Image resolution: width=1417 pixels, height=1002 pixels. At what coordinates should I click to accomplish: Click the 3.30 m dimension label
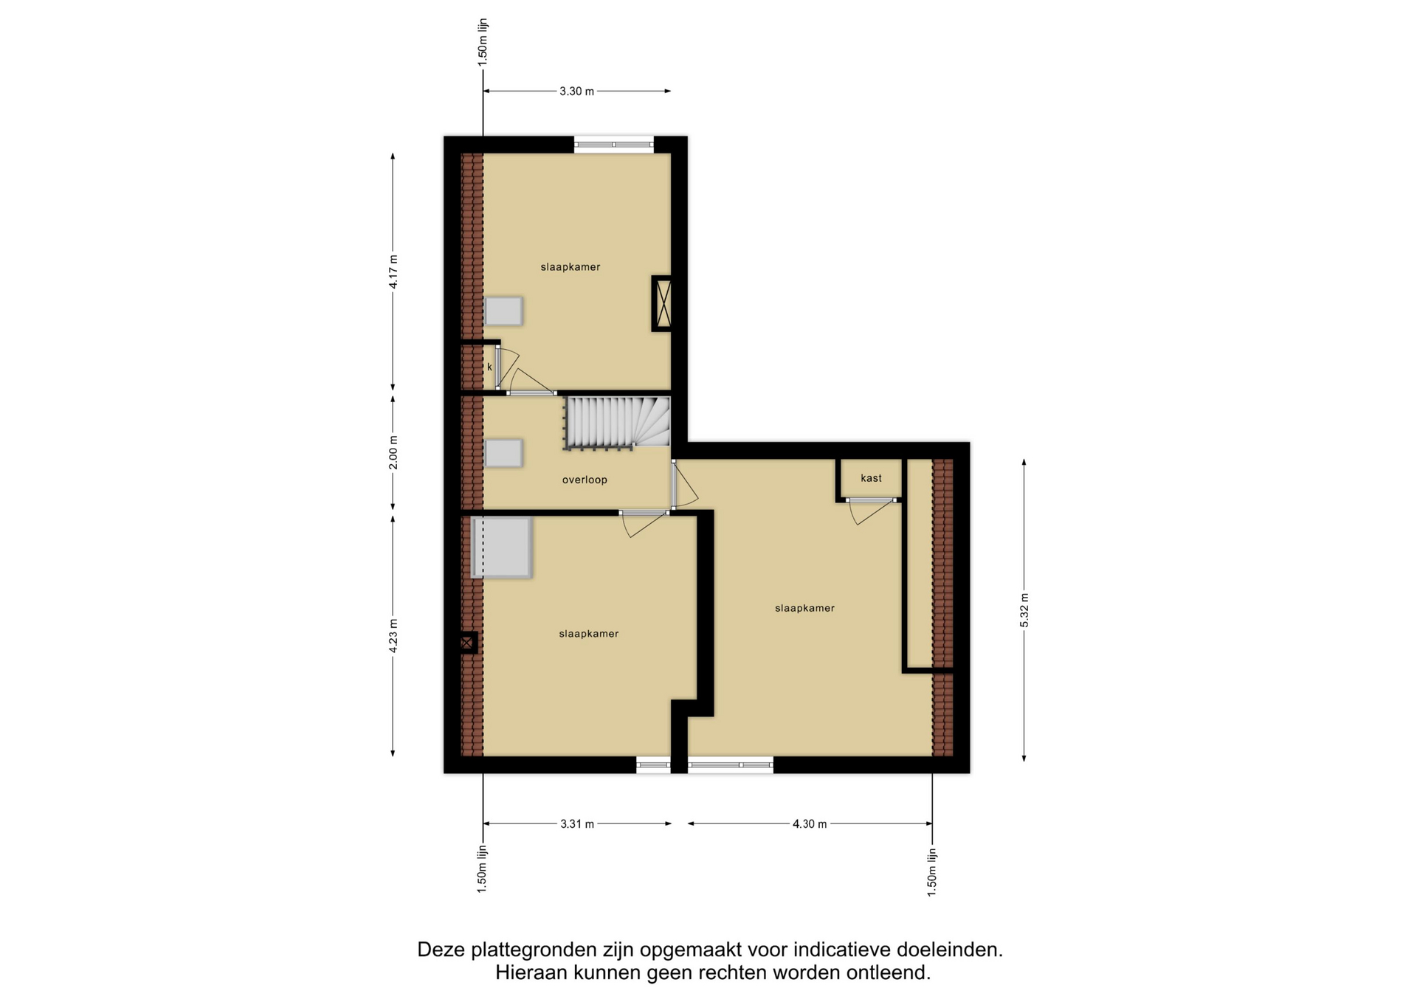[x=576, y=91]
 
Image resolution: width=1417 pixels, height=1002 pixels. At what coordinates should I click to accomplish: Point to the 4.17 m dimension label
[x=393, y=272]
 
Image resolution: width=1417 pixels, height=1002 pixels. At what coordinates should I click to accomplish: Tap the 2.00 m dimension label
[x=393, y=452]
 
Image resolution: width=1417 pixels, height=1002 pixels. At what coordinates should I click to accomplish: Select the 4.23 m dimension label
[x=393, y=635]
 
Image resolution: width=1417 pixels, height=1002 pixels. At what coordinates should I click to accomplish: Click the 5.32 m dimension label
[x=1024, y=610]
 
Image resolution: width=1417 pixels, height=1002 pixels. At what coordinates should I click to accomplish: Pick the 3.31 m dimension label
[x=577, y=824]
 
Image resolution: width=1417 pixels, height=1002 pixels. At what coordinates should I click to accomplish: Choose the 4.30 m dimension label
[x=810, y=824]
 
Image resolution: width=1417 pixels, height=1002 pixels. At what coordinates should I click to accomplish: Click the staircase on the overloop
[x=617, y=423]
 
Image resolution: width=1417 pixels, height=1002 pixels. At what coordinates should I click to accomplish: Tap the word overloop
[x=585, y=480]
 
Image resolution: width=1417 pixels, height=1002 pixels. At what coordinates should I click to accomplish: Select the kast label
[x=871, y=478]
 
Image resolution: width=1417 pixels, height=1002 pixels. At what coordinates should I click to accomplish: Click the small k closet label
[x=489, y=367]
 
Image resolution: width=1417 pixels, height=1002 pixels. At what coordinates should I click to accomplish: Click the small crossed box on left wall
[x=467, y=643]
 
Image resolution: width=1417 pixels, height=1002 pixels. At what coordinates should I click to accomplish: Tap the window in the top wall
[x=614, y=145]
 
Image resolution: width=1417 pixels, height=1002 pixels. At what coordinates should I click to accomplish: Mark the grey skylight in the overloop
[x=503, y=453]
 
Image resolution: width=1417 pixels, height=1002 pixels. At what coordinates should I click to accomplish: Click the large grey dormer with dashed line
[x=501, y=547]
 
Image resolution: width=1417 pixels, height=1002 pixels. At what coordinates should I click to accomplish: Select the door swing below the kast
[x=872, y=511]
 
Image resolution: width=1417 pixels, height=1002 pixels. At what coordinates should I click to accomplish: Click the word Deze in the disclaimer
[x=441, y=950]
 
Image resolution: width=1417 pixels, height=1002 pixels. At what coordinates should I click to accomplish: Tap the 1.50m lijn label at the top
[x=483, y=43]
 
